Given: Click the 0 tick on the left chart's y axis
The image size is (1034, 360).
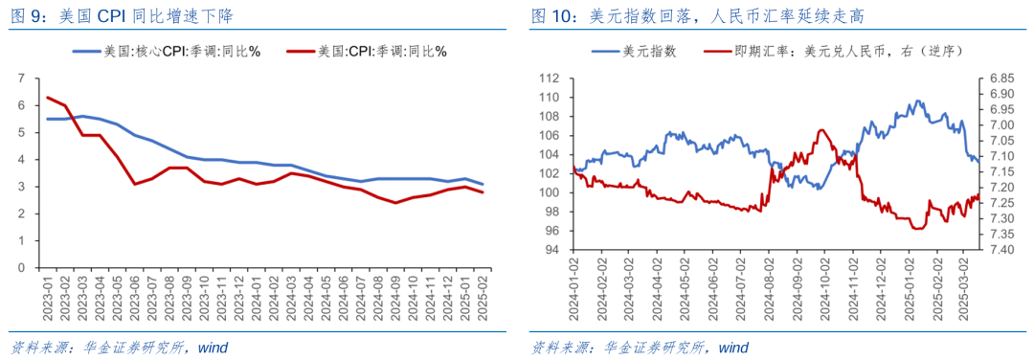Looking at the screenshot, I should coord(23,268).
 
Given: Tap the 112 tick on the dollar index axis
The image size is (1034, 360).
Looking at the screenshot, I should coord(549,79).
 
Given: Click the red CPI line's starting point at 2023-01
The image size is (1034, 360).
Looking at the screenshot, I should coord(48,98).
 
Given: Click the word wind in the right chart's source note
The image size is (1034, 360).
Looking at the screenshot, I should coord(732,347).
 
